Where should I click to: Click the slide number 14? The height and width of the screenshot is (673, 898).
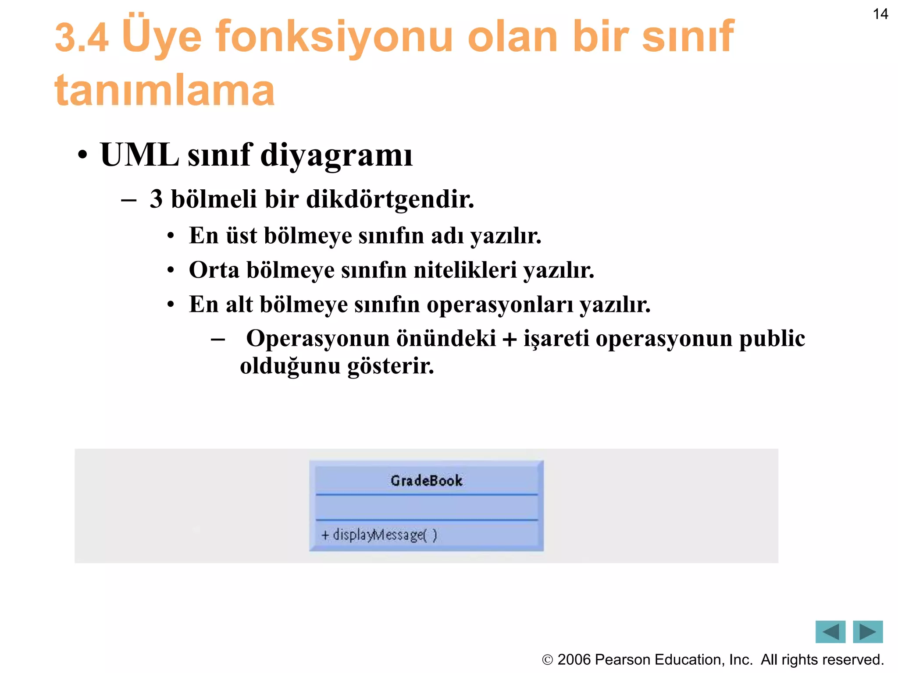(880, 14)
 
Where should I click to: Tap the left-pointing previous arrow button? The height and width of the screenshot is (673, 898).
(830, 632)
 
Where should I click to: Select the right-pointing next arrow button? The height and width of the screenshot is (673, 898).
(867, 632)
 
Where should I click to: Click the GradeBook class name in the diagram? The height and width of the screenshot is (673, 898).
(426, 481)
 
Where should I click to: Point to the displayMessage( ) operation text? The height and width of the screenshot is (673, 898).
(385, 535)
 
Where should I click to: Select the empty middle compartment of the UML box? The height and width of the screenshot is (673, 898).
(426, 507)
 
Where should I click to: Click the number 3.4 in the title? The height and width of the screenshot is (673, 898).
(82, 39)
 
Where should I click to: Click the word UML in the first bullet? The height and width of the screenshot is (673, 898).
(139, 155)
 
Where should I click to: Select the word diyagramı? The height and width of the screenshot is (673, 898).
(336, 156)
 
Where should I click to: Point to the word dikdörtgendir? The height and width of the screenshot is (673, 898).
(390, 199)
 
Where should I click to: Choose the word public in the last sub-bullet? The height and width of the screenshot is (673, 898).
(772, 339)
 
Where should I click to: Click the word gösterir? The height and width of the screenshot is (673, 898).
(391, 366)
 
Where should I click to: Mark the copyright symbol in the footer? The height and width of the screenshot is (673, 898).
(547, 660)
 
